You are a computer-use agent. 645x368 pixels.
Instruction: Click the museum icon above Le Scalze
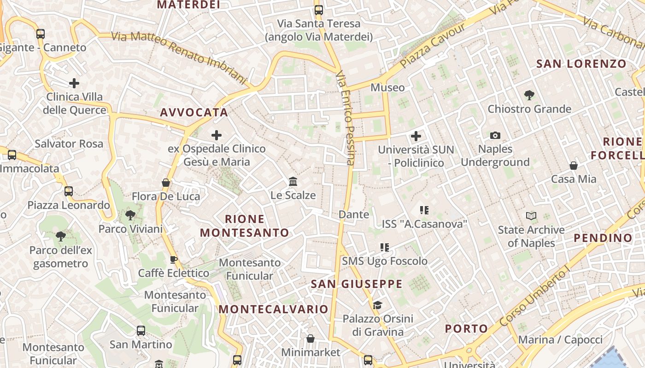point(293,182)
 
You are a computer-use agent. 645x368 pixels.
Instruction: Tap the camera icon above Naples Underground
point(495,135)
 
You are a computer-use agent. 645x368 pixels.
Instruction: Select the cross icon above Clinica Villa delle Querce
point(74,83)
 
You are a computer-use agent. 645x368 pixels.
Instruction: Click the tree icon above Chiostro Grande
point(529,95)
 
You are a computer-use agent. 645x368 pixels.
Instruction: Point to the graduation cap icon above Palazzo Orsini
point(377,305)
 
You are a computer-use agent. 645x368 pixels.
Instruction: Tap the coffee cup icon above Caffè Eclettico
point(174,259)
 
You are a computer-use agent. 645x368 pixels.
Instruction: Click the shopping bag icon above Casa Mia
point(574,166)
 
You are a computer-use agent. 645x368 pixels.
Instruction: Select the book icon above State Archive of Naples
point(531,216)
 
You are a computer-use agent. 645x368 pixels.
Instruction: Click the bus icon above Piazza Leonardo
point(69,191)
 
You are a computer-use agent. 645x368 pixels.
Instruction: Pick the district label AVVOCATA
point(194,112)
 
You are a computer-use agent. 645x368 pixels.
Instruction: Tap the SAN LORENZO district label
point(581,64)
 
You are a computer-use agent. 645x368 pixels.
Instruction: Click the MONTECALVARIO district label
point(273,309)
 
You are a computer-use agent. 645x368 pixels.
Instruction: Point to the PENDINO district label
point(603,238)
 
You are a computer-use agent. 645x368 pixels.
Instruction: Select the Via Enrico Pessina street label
point(346,118)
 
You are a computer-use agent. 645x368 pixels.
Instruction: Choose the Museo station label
point(387,87)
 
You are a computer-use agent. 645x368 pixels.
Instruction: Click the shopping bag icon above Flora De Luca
point(166,183)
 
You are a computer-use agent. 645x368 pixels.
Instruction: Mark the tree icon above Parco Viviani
point(130,215)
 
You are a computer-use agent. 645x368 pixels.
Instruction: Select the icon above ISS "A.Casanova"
point(424,210)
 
